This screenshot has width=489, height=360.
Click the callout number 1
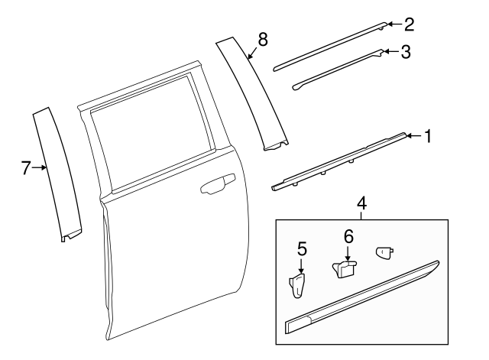point(428,137)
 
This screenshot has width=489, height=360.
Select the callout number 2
point(409,24)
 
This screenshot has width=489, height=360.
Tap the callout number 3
point(406,52)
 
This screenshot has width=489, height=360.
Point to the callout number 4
point(361,204)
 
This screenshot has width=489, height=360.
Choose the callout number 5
point(302,248)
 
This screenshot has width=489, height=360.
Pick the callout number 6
point(348,238)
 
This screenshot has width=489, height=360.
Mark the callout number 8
point(262,40)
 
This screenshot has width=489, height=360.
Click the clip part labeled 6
point(345,268)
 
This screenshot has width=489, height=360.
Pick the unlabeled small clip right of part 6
point(384,252)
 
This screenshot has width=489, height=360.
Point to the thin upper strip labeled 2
point(329,44)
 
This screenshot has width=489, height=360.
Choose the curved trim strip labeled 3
point(336,70)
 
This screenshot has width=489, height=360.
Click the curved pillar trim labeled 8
point(252,92)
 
